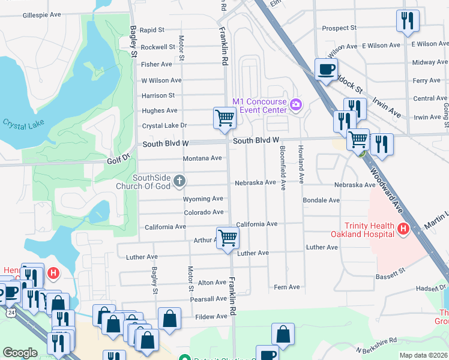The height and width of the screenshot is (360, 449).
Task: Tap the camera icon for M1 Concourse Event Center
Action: (295, 106)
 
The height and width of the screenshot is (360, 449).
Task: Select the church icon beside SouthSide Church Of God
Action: (179, 181)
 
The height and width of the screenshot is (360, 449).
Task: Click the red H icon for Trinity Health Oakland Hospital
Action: (403, 229)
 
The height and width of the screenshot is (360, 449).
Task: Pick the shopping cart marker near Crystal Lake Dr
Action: (224, 118)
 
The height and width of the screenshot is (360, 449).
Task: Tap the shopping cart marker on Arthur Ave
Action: (228, 238)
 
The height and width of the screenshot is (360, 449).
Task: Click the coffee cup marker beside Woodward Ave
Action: (326, 69)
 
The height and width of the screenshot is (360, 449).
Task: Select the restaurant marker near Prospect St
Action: (408, 20)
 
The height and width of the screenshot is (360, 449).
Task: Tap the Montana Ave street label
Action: (202, 158)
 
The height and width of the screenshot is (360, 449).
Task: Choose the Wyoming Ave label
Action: (203, 199)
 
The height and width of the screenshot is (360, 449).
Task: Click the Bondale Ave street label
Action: (321, 200)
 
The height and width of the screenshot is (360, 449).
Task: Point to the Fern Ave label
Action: (286, 287)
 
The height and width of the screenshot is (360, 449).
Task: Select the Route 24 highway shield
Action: (11, 312)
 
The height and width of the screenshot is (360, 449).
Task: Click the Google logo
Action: (20, 353)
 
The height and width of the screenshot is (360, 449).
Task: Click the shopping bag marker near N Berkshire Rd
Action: (283, 334)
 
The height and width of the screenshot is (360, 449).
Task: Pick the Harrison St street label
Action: (158, 95)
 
